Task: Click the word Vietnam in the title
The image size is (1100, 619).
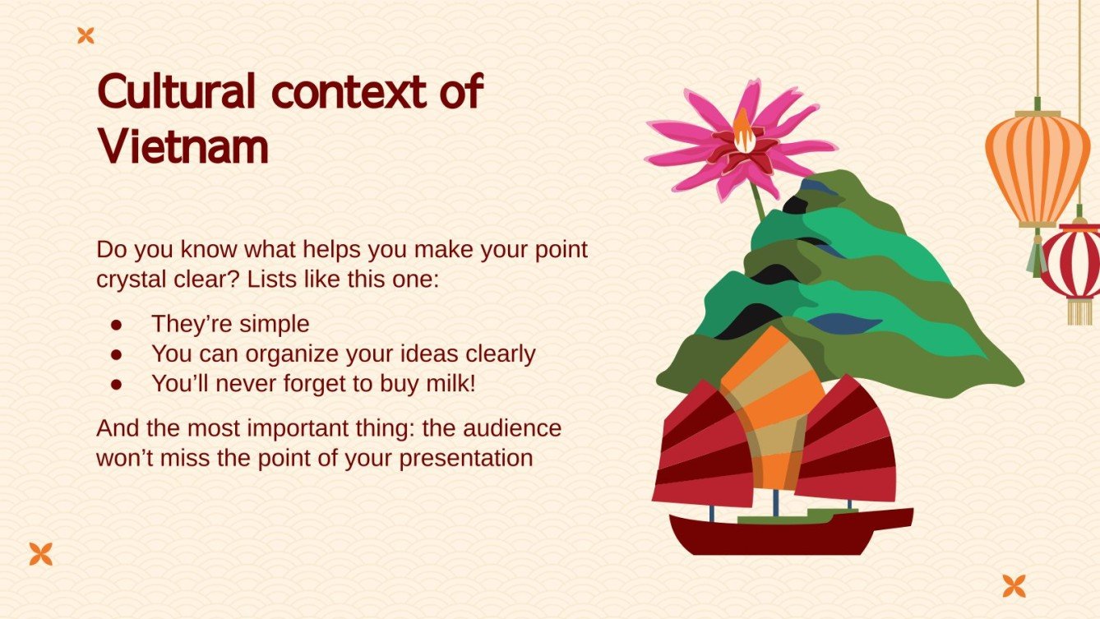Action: (x=183, y=146)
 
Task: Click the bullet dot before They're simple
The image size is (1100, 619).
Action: (x=117, y=325)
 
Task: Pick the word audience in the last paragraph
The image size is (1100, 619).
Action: (x=511, y=428)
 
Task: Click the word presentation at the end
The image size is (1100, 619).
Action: (x=466, y=459)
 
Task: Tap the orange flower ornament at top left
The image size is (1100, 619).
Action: (x=86, y=35)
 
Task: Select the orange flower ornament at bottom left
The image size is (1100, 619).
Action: (x=41, y=554)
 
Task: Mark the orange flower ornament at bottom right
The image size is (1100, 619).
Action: (x=1014, y=586)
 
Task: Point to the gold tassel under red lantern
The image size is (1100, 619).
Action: (x=1080, y=312)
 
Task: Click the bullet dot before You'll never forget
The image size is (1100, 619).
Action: (x=117, y=385)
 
